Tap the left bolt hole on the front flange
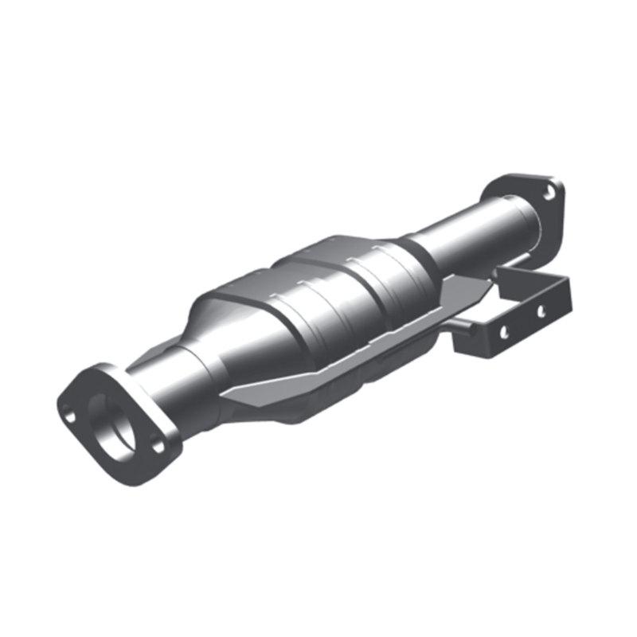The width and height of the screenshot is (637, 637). pyautogui.click(x=69, y=415)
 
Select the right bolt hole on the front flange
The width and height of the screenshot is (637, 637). pyautogui.click(x=158, y=444)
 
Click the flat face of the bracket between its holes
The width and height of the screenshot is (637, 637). pyautogui.click(x=522, y=318)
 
